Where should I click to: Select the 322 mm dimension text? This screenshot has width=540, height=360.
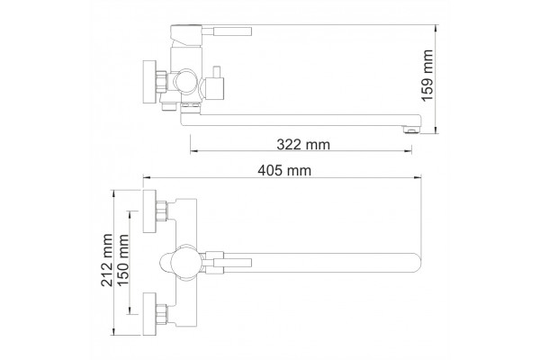(x=303, y=144)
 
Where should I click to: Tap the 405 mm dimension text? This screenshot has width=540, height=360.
(x=284, y=170)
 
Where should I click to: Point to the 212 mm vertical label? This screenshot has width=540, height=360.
(x=107, y=260)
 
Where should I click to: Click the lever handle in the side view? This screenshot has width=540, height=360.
(x=228, y=31)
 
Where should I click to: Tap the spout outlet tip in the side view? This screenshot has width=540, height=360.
(x=412, y=130)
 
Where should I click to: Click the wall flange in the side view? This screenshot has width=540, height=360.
(x=149, y=82)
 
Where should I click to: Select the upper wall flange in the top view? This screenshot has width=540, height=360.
(x=149, y=211)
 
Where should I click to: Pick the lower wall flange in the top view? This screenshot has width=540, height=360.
(x=149, y=313)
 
